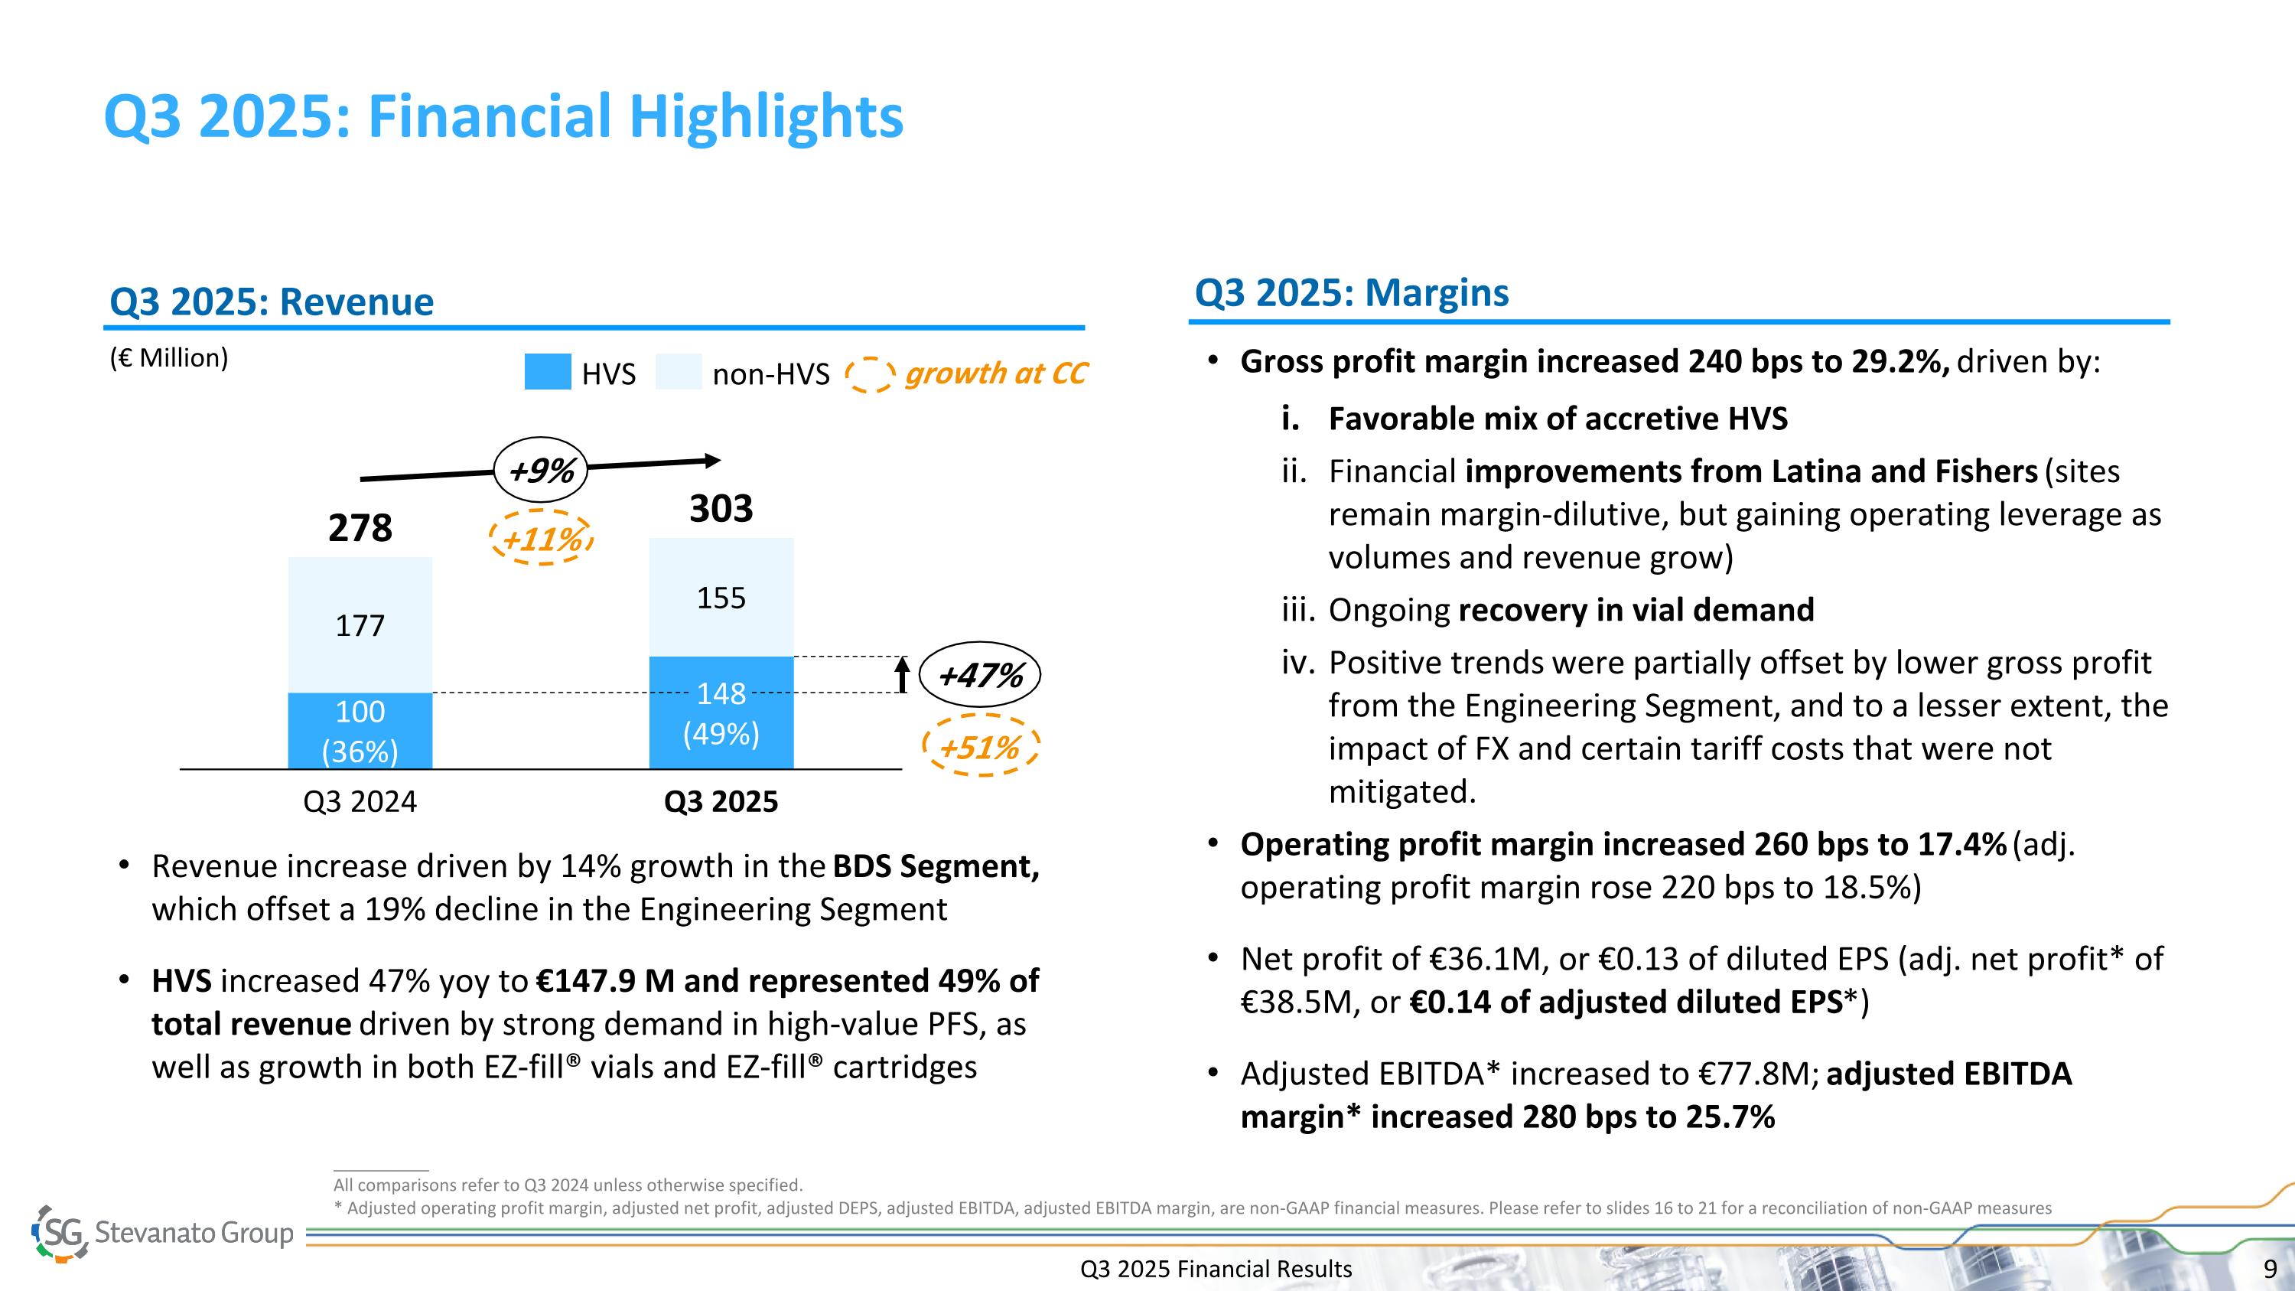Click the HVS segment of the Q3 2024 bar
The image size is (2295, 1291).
[x=360, y=731]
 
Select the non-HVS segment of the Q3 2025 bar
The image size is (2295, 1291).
[x=721, y=597]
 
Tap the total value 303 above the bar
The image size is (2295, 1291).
[x=721, y=509]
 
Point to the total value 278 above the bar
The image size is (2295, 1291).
[x=360, y=527]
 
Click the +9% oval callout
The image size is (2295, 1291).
[x=541, y=470]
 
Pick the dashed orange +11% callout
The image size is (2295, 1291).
[x=542, y=538]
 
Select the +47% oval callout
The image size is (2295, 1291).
[x=979, y=674]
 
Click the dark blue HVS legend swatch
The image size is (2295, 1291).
[x=547, y=373]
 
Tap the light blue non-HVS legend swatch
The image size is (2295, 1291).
[x=678, y=373]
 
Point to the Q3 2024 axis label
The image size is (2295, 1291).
[x=360, y=802]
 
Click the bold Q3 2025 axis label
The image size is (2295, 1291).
[x=721, y=802]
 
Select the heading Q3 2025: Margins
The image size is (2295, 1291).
[x=1351, y=292]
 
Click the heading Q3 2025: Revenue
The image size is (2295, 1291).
[x=271, y=302]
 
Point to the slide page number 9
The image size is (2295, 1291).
[x=2270, y=1269]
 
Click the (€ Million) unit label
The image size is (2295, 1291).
[x=168, y=358]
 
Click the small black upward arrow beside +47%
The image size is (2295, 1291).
[x=903, y=674]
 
